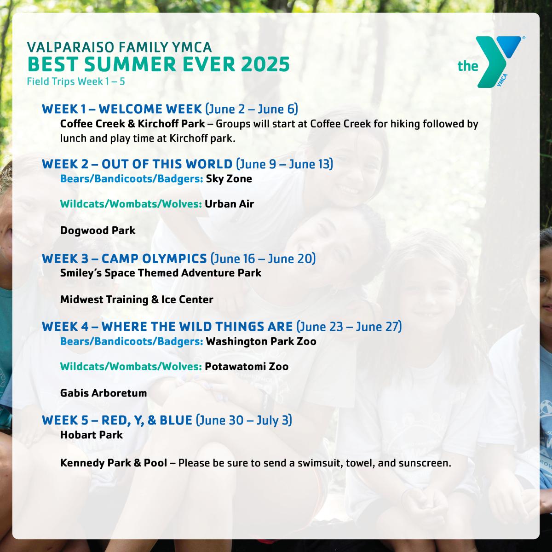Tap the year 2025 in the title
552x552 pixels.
(x=265, y=64)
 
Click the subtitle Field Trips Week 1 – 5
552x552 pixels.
(x=76, y=81)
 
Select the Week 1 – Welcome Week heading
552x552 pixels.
(x=122, y=109)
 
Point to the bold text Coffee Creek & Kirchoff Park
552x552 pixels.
(x=132, y=124)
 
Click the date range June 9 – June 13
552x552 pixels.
(x=284, y=164)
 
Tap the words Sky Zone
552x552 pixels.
(x=229, y=179)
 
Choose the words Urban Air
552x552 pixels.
(x=230, y=204)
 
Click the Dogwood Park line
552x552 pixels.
(x=98, y=230)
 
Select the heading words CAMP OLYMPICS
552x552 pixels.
(x=154, y=259)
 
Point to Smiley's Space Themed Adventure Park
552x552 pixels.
(x=161, y=273)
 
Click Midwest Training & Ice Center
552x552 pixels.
(x=137, y=299)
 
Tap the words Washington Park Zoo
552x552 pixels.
(x=261, y=341)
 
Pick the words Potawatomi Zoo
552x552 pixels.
(x=247, y=367)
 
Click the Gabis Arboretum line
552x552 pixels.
(x=103, y=393)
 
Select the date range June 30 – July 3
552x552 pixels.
(x=244, y=420)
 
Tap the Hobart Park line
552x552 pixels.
(x=92, y=435)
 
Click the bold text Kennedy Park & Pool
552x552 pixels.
(x=114, y=463)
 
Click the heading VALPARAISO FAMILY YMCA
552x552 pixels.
(x=120, y=47)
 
